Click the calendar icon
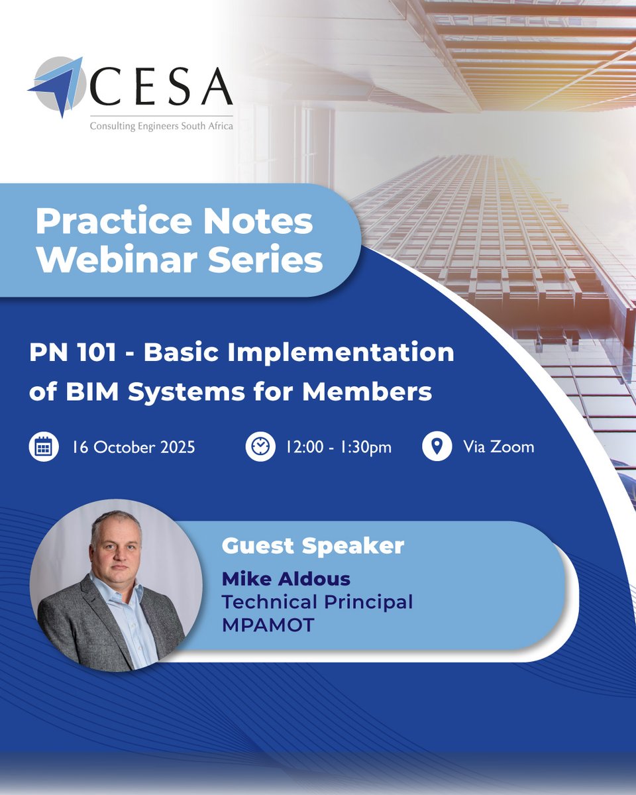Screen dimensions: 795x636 43,447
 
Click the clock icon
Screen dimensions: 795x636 260,447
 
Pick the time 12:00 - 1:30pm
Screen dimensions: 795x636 339,447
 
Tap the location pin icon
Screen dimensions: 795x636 435,447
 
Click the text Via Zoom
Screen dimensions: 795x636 499,447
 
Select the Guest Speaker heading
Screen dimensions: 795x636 313,547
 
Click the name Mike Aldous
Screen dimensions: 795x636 286,579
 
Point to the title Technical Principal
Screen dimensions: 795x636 317,602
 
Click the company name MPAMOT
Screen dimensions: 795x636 268,624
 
